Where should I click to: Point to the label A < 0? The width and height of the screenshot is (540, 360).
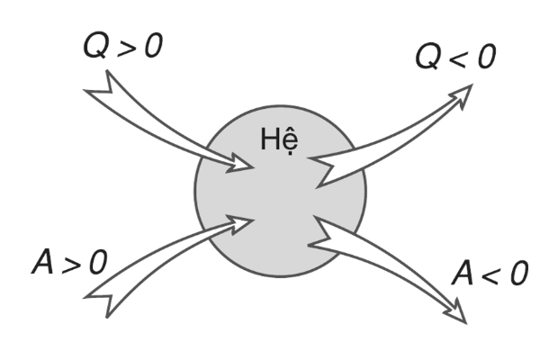coord(485,272)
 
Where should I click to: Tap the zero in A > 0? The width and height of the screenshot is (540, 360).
coord(97,261)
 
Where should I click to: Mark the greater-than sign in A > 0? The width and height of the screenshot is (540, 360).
coord(69,262)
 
